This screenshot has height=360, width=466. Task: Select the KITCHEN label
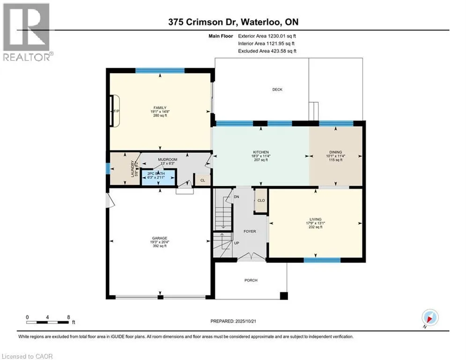coord(261,152)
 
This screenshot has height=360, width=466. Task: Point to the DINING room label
coord(335,152)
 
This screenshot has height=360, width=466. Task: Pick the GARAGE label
coord(159,238)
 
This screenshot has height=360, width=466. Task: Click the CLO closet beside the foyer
coord(261,200)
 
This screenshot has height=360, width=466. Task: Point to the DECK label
coord(277,90)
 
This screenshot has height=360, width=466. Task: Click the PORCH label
coord(251,280)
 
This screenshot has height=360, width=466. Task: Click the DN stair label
coord(237,197)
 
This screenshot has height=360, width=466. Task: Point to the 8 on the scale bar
coord(68,317)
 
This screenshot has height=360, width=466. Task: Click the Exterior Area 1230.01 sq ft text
coord(267,36)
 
